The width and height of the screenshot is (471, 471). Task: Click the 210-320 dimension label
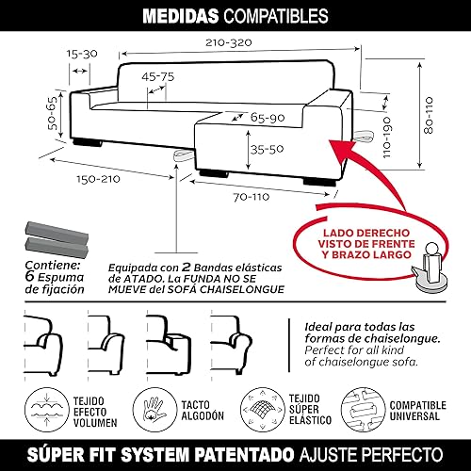[x=229, y=42]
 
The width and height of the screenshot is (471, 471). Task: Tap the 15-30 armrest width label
[x=82, y=54]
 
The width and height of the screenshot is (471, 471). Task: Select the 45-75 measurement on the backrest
[x=157, y=76]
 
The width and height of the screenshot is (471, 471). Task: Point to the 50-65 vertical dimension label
[x=52, y=113]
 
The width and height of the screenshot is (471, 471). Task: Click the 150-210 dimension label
[x=98, y=179]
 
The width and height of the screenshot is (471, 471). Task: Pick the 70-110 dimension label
[x=252, y=197]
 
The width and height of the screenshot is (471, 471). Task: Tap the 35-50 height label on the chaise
[x=267, y=149]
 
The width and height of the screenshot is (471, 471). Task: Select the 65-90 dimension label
[x=268, y=118]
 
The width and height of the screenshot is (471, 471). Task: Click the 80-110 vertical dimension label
[x=429, y=115]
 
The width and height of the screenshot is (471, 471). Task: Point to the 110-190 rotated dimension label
[x=386, y=138]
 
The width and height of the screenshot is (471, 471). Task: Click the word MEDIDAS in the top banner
[x=181, y=16]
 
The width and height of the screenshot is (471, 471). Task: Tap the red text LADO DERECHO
[x=366, y=233]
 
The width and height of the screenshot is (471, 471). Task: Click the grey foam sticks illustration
[x=57, y=239]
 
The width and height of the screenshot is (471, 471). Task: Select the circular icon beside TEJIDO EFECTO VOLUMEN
[x=47, y=410]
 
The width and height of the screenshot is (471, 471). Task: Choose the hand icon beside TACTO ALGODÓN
[x=154, y=410]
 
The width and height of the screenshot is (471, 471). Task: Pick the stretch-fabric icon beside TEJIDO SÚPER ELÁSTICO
[x=263, y=410]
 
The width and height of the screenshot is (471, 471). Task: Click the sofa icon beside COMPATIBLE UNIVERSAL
[x=363, y=410]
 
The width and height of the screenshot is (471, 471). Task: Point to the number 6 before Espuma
[x=29, y=276]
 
